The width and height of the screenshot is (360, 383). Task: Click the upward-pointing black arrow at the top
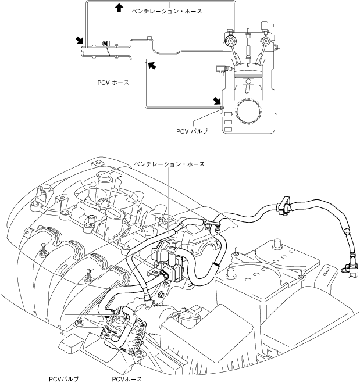119,8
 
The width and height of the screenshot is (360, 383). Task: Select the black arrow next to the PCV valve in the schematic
217,101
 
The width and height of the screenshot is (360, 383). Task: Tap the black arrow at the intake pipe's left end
80,40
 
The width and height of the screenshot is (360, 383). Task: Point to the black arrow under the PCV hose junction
152,65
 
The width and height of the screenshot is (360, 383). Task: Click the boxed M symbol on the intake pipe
105,44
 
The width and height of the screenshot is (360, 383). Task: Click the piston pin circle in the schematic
248,81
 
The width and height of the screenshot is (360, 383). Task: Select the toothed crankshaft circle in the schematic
248,112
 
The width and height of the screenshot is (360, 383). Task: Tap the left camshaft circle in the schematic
230,41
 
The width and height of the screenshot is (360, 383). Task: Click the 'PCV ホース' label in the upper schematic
113,83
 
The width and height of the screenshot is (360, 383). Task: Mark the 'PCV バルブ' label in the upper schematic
192,131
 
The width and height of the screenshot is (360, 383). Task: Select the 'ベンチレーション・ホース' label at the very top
167,11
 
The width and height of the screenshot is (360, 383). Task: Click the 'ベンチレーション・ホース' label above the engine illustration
169,164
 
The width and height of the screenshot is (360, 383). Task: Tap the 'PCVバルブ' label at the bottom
64,379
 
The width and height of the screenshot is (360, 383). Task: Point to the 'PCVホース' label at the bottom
127,379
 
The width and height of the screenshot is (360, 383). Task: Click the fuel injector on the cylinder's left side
222,69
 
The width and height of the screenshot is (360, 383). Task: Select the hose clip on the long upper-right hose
284,206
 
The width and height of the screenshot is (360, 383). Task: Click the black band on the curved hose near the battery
216,264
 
